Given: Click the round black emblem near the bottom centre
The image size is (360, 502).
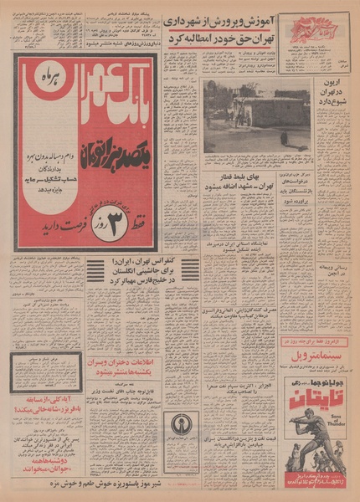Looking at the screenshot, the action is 180,423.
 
